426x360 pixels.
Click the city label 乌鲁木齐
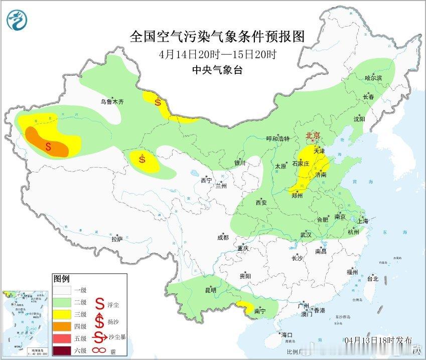coord(111,101)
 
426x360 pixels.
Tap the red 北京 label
coord(313,136)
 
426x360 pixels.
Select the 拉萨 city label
coord(117,240)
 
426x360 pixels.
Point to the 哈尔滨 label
coord(373,78)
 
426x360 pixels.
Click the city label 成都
coord(223,238)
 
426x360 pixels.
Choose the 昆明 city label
coord(211,290)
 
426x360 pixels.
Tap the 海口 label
coord(287,335)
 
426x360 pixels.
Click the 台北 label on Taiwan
coord(372,279)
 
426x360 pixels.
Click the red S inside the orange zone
coord(48,147)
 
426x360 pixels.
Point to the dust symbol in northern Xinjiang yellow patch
coord(158,103)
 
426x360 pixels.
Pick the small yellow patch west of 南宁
coord(246,305)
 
